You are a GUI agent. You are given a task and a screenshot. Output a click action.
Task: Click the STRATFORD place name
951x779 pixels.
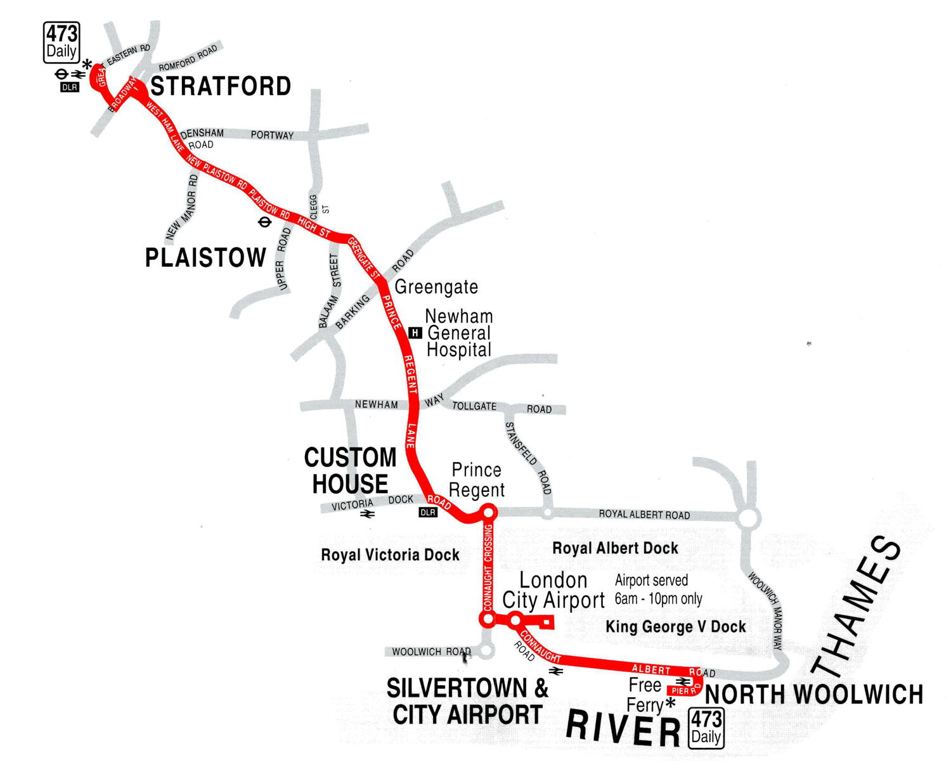click(x=221, y=86)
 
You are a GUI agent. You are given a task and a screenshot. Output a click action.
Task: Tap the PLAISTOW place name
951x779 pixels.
click(x=205, y=258)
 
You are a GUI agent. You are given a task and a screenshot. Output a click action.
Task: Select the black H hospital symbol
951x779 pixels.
click(x=415, y=333)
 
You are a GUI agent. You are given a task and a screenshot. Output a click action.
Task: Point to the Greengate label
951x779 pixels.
click(x=436, y=287)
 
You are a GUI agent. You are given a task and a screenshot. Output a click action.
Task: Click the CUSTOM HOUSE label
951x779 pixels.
click(x=350, y=470)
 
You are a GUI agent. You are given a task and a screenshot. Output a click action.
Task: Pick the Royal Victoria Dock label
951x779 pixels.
click(x=390, y=555)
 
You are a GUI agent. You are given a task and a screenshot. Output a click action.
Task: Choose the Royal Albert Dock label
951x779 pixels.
click(x=615, y=548)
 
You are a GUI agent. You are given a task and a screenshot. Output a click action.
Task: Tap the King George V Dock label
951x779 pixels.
click(x=676, y=627)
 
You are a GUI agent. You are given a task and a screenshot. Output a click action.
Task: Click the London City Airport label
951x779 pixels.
click(x=553, y=590)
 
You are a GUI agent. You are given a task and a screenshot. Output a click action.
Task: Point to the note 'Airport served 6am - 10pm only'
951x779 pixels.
click(x=659, y=589)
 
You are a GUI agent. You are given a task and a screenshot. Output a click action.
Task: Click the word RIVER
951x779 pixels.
click(x=623, y=729)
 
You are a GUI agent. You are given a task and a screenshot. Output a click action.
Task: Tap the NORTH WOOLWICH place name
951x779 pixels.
click(x=814, y=695)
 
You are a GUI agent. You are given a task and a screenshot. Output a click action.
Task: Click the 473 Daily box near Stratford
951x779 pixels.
click(x=61, y=42)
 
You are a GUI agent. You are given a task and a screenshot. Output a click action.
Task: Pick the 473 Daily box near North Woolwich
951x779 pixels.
click(x=706, y=728)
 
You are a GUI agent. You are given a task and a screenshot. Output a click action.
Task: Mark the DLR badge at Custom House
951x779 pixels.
click(x=428, y=512)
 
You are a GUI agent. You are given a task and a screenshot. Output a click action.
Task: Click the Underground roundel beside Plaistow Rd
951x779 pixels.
click(x=264, y=222)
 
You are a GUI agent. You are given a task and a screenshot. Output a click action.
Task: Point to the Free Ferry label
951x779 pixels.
click(x=645, y=695)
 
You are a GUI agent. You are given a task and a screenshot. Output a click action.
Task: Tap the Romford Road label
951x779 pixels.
click(x=188, y=58)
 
